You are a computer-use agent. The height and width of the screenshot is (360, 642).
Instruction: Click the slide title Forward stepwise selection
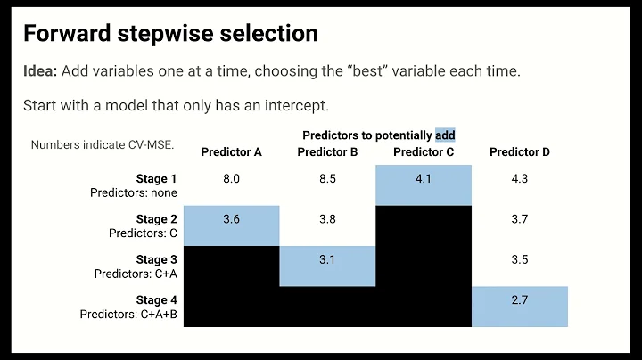(169, 33)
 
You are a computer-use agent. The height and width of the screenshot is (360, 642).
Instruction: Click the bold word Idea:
(43, 70)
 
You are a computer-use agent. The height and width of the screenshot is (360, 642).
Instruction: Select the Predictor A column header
(231, 152)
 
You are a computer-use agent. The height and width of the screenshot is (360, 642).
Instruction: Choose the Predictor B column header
(327, 152)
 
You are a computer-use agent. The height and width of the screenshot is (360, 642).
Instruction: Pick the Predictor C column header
(424, 152)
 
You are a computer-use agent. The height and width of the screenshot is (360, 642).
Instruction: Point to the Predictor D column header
(520, 152)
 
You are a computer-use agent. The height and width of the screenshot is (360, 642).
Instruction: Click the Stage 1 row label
(156, 179)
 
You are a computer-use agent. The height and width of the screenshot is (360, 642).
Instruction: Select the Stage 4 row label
(156, 300)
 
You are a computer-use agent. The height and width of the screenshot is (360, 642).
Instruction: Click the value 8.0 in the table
(231, 179)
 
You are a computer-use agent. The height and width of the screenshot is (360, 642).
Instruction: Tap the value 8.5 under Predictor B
(327, 179)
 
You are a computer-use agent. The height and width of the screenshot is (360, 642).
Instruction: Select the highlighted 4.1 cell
(424, 179)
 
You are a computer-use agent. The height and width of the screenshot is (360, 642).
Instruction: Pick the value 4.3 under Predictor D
(520, 179)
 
